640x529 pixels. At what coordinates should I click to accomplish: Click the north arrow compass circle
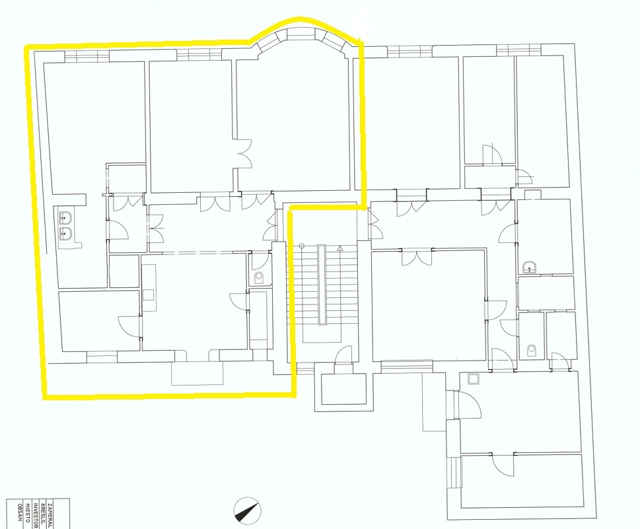tap(247, 509)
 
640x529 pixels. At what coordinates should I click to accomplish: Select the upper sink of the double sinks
tap(65, 217)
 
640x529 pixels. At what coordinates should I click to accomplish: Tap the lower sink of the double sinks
tap(65, 233)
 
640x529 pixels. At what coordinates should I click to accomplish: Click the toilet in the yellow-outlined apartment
tap(259, 277)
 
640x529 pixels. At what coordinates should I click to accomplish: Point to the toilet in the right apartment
tap(531, 349)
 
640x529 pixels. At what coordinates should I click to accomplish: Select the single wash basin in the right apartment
tap(529, 267)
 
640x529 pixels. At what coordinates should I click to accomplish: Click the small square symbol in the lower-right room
tap(472, 379)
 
